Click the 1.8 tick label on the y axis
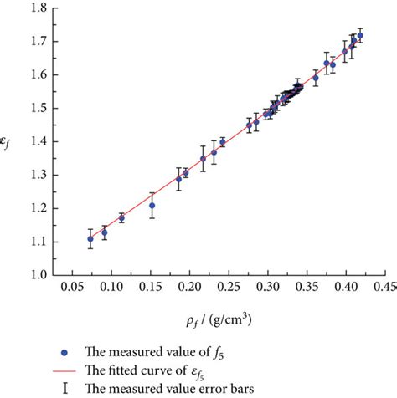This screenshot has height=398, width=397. [x=36, y=8]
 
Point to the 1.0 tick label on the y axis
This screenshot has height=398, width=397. [x=36, y=274]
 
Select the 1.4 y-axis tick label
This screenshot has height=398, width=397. [x=36, y=141]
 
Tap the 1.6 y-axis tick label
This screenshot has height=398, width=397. [x=36, y=74]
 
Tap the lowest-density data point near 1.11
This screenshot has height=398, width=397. [x=90, y=239]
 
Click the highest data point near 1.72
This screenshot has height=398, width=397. [x=360, y=36]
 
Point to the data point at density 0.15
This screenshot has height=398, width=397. [x=152, y=205]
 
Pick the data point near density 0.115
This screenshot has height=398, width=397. [x=121, y=218]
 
